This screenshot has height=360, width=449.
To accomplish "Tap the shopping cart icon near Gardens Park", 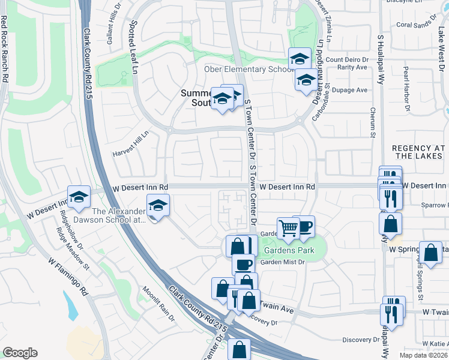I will point(288,227).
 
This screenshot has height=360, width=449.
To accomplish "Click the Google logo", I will point(20,353).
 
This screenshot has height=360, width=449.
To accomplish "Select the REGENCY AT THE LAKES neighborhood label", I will point(420,152).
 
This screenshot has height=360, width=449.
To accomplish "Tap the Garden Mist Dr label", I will point(283,262).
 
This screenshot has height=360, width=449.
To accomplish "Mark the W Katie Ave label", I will point(430,344).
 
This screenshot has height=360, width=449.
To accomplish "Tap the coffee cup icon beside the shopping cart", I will point(304,226).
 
